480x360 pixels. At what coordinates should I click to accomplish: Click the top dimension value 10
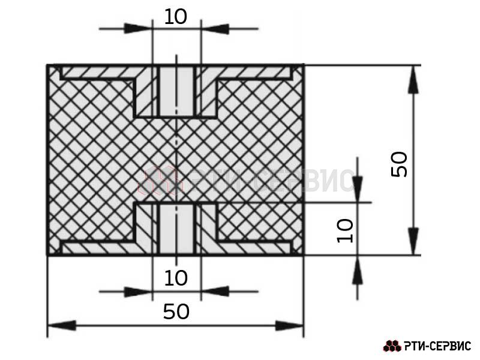point(175,17)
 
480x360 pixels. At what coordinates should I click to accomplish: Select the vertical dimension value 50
point(400,164)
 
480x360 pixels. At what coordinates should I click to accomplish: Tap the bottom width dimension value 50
point(176,311)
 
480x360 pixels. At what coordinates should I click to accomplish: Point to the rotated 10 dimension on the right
point(345,230)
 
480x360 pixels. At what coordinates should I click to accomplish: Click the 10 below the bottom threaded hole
point(175,278)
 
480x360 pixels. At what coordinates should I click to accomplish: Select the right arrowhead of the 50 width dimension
point(289,325)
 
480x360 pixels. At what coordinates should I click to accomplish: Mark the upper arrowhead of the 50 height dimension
point(413,79)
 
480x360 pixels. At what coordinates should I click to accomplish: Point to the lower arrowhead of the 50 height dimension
point(413,241)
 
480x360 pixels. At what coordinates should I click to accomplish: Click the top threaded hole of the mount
point(176,92)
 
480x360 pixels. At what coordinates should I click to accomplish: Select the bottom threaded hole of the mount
point(176,229)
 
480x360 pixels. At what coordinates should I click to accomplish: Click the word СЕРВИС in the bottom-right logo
point(449,346)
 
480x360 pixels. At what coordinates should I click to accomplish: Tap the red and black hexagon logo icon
point(392,346)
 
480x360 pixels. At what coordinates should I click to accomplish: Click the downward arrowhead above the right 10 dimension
point(357,189)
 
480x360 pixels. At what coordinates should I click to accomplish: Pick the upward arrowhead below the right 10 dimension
point(357,269)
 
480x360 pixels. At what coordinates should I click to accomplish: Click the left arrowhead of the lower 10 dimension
point(138,292)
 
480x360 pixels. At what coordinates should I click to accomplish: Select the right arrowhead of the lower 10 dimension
point(215,292)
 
